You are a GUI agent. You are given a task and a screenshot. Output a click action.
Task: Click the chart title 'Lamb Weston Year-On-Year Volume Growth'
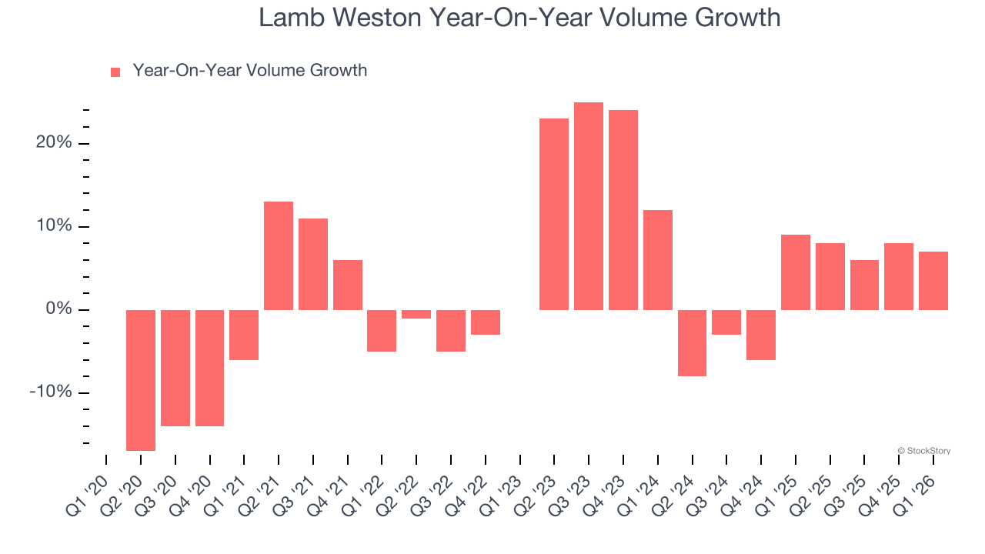pyautogui.click(x=519, y=17)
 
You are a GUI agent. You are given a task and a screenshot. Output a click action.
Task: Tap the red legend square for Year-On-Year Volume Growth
pyautogui.click(x=115, y=72)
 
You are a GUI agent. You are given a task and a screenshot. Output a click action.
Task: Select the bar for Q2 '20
pyautogui.click(x=141, y=380)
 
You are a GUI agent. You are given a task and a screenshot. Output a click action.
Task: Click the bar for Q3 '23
pyautogui.click(x=589, y=206)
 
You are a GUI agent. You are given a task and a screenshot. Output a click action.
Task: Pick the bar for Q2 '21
pyautogui.click(x=279, y=255)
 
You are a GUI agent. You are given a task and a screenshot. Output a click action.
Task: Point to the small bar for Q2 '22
pyautogui.click(x=416, y=314)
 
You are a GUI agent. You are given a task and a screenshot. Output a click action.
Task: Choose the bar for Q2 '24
pyautogui.click(x=693, y=343)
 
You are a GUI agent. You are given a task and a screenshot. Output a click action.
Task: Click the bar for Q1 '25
pyautogui.click(x=796, y=272)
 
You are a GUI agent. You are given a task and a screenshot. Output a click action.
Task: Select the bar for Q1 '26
pyautogui.click(x=933, y=281)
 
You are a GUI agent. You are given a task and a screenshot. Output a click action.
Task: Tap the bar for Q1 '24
pyautogui.click(x=658, y=260)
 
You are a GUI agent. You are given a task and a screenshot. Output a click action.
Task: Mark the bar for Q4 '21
pyautogui.click(x=348, y=285)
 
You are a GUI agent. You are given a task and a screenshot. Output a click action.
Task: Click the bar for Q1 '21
pyautogui.click(x=244, y=335)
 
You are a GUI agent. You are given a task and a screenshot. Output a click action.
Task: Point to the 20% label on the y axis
pyautogui.click(x=53, y=143)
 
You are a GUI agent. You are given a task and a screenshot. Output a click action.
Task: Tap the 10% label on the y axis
pyautogui.click(x=53, y=226)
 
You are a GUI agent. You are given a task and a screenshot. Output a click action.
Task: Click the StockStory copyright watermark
pyautogui.click(x=923, y=451)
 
